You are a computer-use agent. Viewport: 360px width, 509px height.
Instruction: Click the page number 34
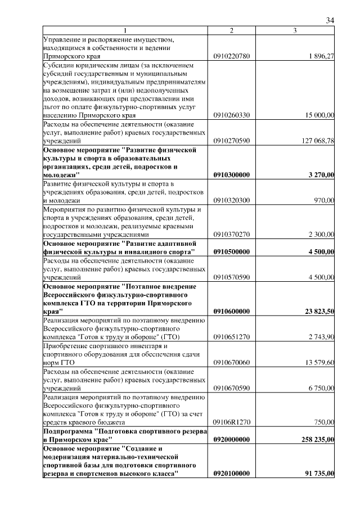(x=330, y=21)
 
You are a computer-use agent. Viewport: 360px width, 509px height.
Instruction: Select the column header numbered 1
(x=125, y=30)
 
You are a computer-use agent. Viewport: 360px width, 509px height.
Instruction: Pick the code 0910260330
(x=232, y=115)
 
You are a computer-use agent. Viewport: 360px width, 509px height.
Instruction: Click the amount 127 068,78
(x=317, y=141)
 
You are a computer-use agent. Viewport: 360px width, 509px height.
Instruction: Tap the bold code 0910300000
(x=232, y=175)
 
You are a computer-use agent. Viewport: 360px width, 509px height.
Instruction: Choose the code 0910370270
(x=232, y=234)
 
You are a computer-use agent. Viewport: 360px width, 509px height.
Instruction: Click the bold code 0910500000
(x=232, y=252)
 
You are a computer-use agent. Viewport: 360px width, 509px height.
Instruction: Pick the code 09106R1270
(x=232, y=422)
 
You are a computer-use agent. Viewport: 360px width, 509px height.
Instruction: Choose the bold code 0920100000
(x=232, y=474)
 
